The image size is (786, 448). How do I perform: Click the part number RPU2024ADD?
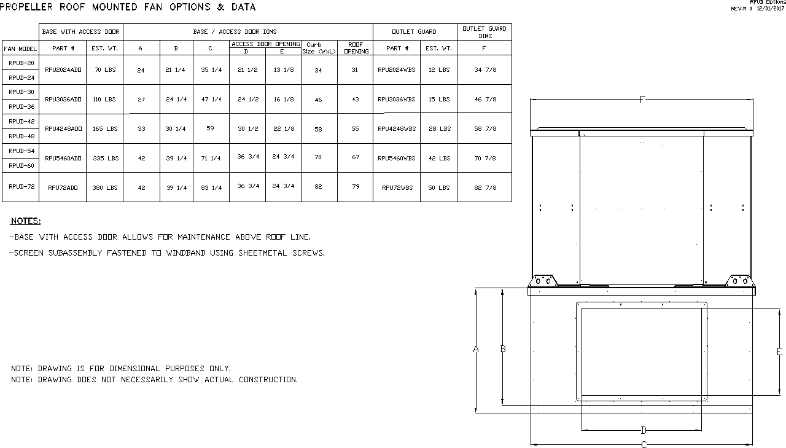[x=63, y=70]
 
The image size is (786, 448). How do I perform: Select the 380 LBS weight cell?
[x=105, y=188]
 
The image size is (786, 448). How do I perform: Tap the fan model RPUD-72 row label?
[x=21, y=186]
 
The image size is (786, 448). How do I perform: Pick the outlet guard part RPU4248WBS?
[x=397, y=129]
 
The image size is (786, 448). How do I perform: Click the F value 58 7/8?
[x=485, y=129]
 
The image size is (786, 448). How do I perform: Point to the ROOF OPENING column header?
[x=356, y=48]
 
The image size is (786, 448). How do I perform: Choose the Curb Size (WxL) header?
[x=319, y=48]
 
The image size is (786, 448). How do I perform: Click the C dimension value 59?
[x=210, y=128]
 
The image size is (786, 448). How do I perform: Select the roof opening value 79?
[x=356, y=186]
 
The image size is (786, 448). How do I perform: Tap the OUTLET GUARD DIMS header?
[x=484, y=32]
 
